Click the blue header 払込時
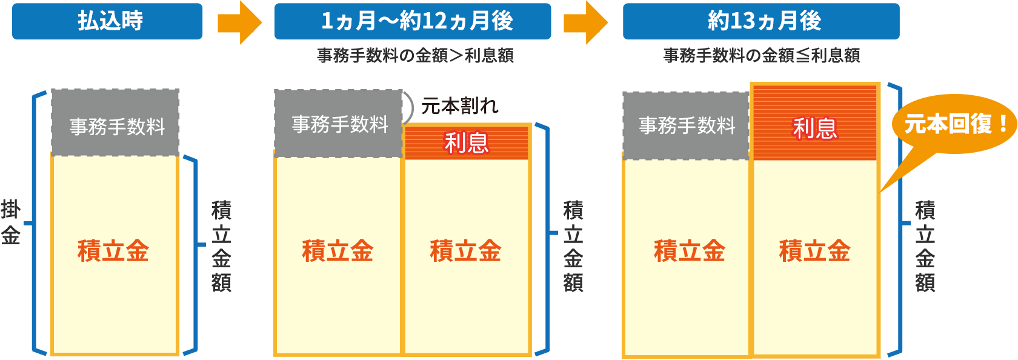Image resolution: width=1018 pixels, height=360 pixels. coord(108,21)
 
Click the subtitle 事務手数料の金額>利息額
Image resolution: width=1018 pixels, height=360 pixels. coord(415,56)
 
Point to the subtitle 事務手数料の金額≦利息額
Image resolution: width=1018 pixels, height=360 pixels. coord(762,56)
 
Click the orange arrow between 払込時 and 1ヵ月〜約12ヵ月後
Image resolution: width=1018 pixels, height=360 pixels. coord(240,23)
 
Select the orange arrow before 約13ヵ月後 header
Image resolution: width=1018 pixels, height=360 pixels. coord(586,23)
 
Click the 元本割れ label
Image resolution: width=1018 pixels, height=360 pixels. coord(460,106)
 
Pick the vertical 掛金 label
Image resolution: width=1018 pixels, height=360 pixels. coord(10,221)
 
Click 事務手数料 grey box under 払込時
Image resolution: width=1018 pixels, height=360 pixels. coord(116,124)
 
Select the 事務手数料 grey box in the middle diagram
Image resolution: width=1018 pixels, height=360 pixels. coord(339,124)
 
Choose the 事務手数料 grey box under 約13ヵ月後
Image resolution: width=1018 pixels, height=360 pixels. coord(687,125)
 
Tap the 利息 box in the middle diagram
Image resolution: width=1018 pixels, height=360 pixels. coord(467,142)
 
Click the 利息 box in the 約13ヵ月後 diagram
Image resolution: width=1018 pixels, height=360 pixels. coord(815,127)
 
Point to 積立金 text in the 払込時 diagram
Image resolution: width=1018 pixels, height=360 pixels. coord(113,251)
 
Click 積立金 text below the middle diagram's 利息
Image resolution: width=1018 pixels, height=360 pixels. coord(465,251)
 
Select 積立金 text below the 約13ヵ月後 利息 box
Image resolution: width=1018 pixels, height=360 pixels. coord(814,251)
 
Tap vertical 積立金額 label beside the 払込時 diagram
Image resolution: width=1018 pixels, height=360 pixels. coord(221,246)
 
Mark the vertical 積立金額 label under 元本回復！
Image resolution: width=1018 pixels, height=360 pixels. coord(925,246)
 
